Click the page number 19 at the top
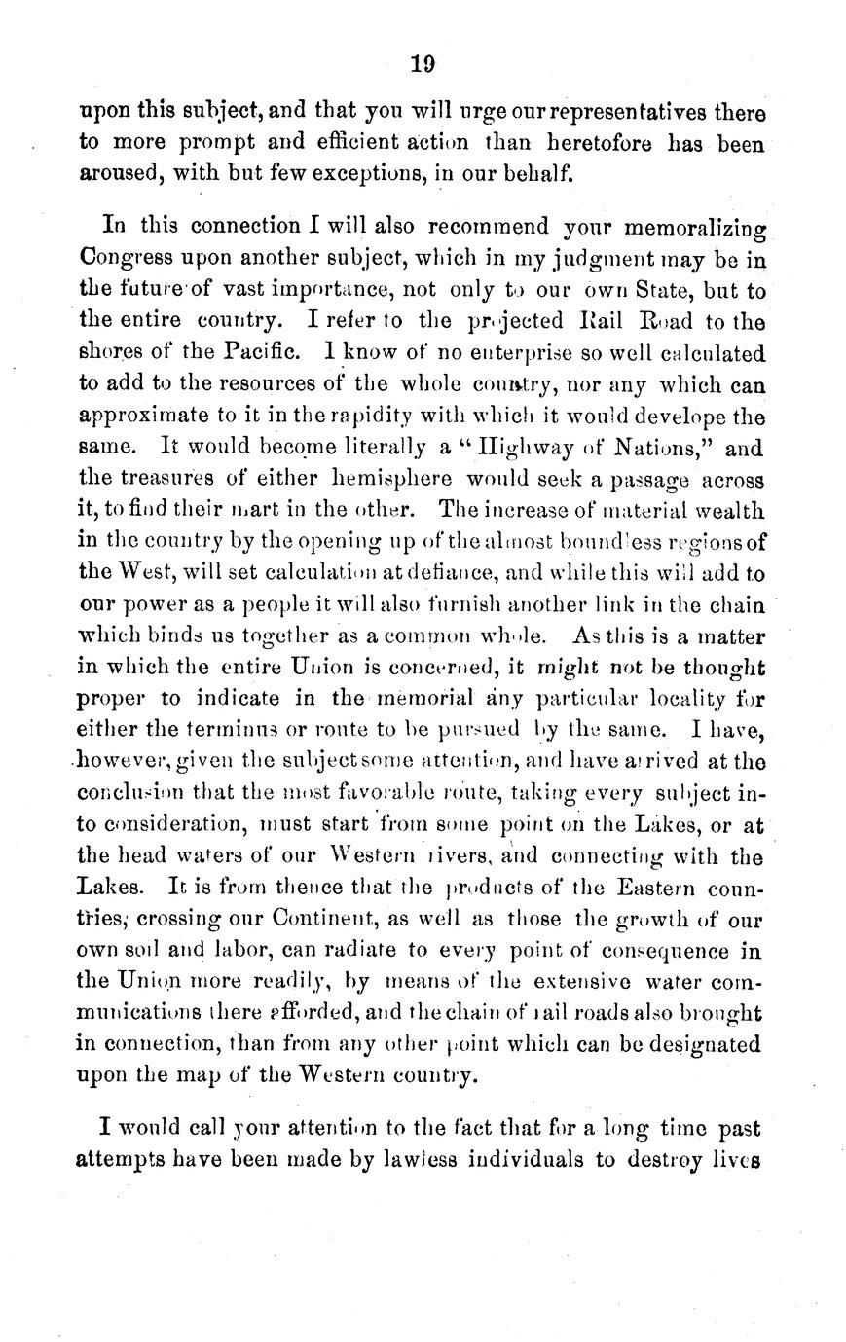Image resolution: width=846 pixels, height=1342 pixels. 422,66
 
